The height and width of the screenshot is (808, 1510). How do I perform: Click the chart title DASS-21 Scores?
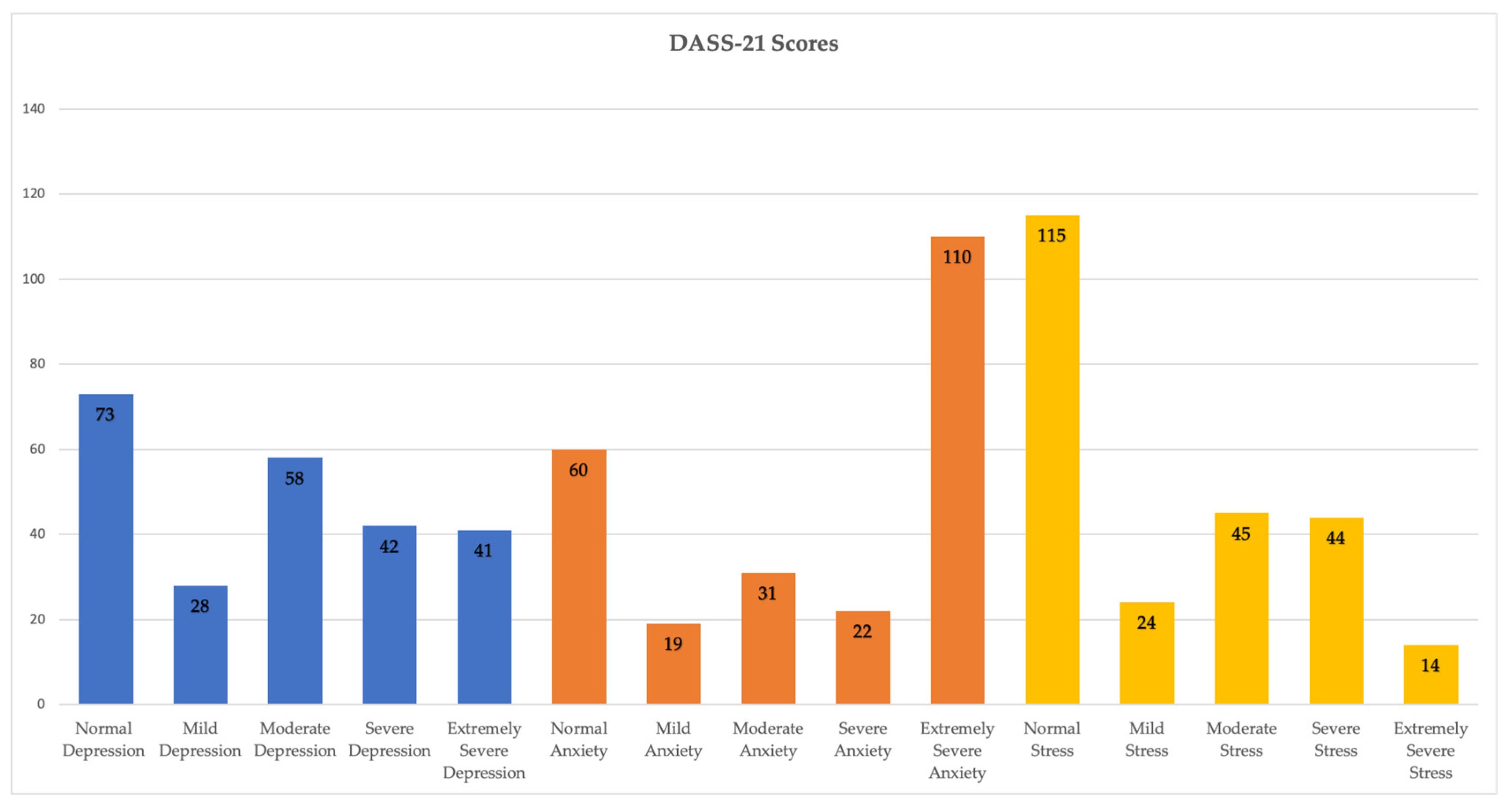point(753,43)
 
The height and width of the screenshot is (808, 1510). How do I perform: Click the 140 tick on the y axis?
point(33,108)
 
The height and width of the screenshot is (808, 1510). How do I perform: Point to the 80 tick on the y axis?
point(37,363)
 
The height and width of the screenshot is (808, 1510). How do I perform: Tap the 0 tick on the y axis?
point(41,704)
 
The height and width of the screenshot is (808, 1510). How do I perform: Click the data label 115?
point(1051,236)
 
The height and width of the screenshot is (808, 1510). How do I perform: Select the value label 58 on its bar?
point(294,478)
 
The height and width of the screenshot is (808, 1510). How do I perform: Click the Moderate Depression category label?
point(294,739)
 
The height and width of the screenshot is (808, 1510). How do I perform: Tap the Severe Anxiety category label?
point(862,739)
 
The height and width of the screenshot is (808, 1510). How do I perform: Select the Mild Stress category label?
point(1146,739)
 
